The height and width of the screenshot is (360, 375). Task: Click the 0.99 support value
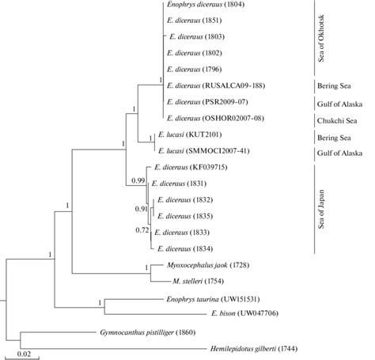pyautogui.click(x=138, y=182)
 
